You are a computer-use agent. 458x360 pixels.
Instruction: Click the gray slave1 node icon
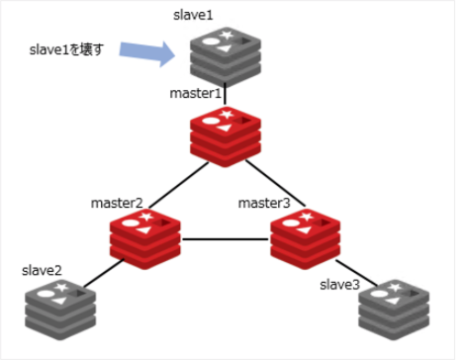coord(225,56)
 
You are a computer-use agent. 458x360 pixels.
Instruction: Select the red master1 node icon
coord(225,137)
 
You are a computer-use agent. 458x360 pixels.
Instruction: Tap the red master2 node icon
coord(147,238)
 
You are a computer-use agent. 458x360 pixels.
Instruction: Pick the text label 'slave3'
coord(338,285)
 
